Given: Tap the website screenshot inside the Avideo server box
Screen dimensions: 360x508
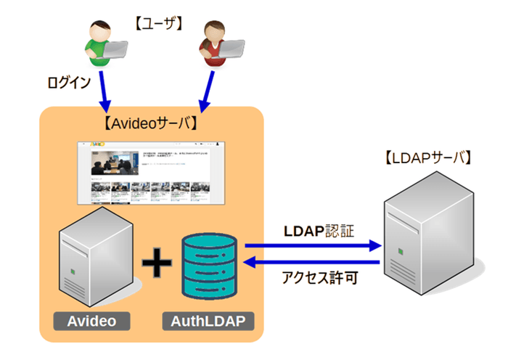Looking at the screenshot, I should click(x=151, y=173).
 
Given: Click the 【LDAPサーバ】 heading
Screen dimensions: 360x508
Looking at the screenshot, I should click(x=428, y=157).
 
